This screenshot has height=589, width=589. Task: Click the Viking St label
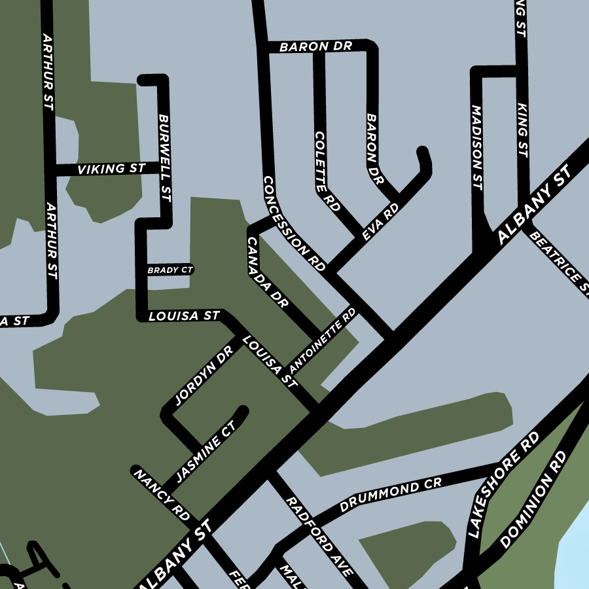[111, 169]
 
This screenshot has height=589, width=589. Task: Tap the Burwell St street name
[164, 158]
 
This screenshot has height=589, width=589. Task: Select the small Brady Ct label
[170, 270]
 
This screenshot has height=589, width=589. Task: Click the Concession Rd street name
[294, 223]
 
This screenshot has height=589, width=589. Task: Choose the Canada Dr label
[267, 272]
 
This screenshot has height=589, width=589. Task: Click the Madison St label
[476, 148]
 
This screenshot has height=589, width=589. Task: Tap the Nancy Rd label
[161, 494]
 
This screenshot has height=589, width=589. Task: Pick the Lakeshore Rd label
[504, 484]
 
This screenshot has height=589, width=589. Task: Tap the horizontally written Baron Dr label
[315, 47]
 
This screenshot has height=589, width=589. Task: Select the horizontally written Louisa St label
[184, 316]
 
